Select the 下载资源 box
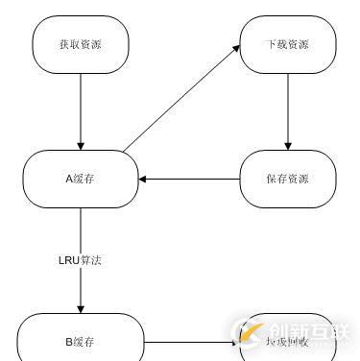tap(286, 44)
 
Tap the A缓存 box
tap(80, 179)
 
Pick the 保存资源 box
tap(286, 179)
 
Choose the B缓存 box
tap(80, 339)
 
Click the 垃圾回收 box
tap(286, 339)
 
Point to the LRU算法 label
tap(80, 259)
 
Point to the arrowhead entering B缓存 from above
tap(80, 308)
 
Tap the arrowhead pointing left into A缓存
tap(143, 179)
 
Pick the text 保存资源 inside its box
tap(286, 179)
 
